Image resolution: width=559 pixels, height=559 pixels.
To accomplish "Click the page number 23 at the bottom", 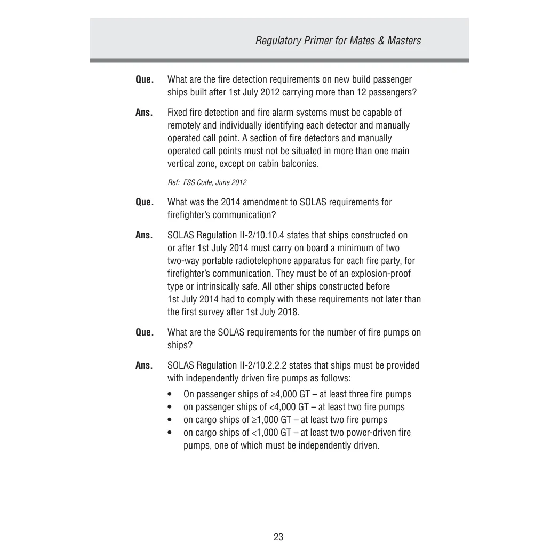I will click(x=278, y=537).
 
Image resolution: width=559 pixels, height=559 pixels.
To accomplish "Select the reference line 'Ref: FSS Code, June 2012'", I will click(x=207, y=182).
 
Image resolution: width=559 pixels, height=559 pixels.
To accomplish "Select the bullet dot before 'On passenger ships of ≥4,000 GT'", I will click(x=170, y=395).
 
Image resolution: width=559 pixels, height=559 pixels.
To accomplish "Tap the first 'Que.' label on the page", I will click(x=145, y=80).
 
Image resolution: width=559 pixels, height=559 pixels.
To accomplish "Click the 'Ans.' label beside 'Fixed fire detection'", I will click(x=145, y=113).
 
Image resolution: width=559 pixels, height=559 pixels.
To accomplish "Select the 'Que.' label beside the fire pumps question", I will click(x=145, y=332).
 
